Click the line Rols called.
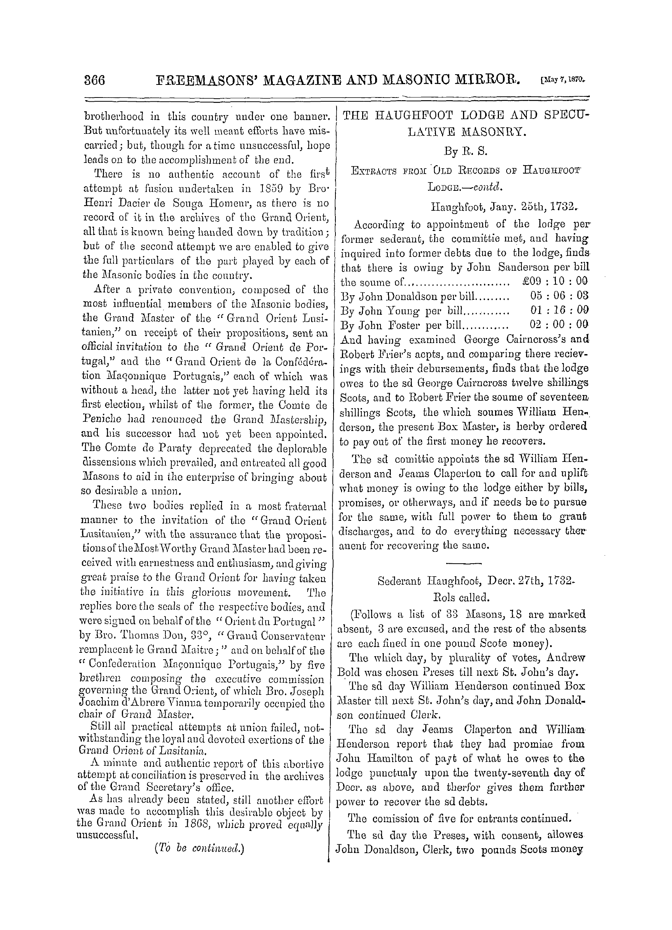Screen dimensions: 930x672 pyautogui.click(x=461, y=597)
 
